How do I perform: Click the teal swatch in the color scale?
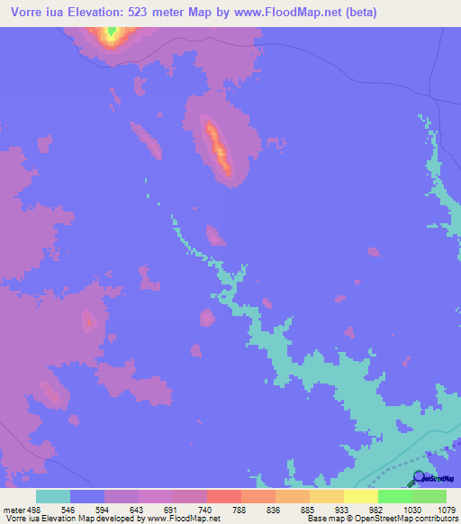pos(53,496)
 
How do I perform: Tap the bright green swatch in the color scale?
pos(394,496)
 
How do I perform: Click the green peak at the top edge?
pos(112,32)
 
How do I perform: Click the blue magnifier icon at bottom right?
pos(420,477)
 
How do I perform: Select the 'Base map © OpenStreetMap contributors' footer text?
pos(380,519)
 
